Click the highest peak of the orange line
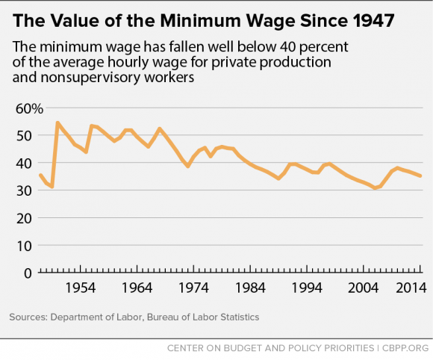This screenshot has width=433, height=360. click(x=57, y=122)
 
